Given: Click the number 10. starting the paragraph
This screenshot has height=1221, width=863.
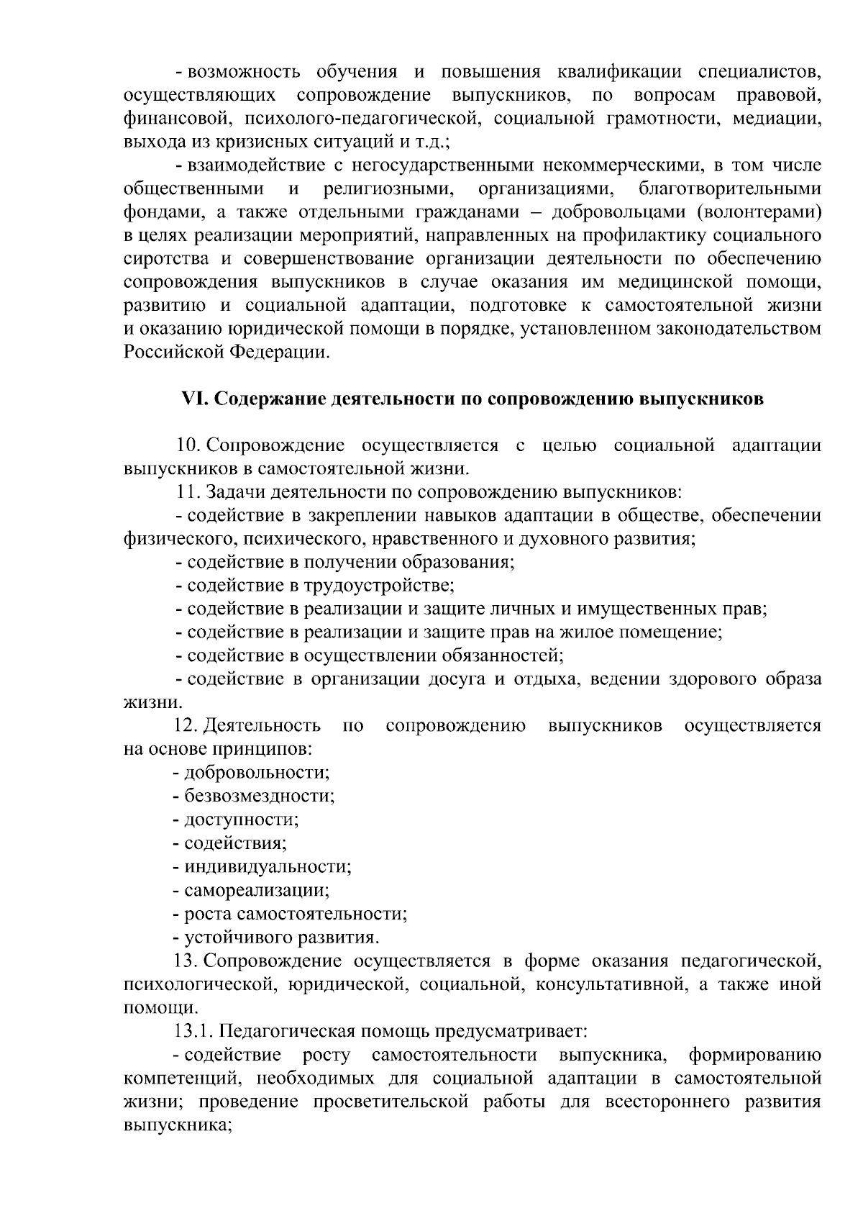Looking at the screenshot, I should pos(188,445).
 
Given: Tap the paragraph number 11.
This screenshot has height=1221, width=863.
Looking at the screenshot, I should pos(188,492).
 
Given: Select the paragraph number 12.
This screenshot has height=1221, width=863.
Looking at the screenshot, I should pos(188,725).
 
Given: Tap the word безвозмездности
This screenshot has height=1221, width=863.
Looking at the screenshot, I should pos(259,796).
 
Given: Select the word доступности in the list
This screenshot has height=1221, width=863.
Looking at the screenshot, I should pos(241,820).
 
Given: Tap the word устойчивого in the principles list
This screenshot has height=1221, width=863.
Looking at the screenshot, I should pos(229,938).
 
